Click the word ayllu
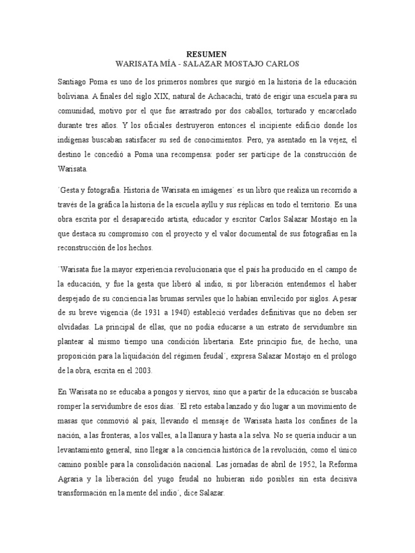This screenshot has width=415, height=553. coord(256,206)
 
